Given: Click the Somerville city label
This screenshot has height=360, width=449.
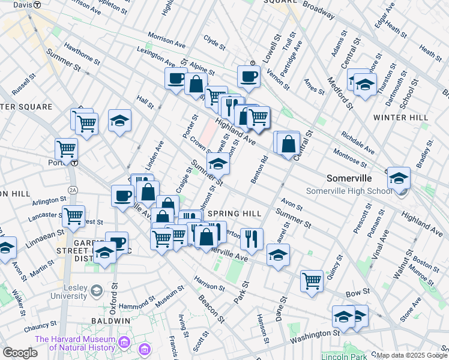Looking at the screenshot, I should (349, 178).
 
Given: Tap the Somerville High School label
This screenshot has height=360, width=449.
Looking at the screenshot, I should (349, 191).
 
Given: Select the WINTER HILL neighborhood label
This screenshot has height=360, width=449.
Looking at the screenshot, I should (400, 118).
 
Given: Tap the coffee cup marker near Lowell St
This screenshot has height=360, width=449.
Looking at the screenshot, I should (248, 76).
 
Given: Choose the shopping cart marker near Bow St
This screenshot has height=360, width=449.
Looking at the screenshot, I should (312, 280).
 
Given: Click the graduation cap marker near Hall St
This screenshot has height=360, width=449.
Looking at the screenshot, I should (119, 120).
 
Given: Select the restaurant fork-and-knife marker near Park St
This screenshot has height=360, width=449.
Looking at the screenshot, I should (252, 238).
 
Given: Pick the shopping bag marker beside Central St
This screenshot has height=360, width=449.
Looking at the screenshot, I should (289, 144).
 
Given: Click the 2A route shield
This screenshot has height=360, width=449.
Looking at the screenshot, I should (73, 190).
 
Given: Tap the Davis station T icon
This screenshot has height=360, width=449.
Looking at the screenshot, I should (37, 4).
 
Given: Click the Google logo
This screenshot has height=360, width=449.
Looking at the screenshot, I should (20, 353).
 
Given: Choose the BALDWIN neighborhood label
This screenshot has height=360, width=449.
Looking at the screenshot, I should (110, 321).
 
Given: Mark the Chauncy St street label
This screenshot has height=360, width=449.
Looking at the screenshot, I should (41, 328).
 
